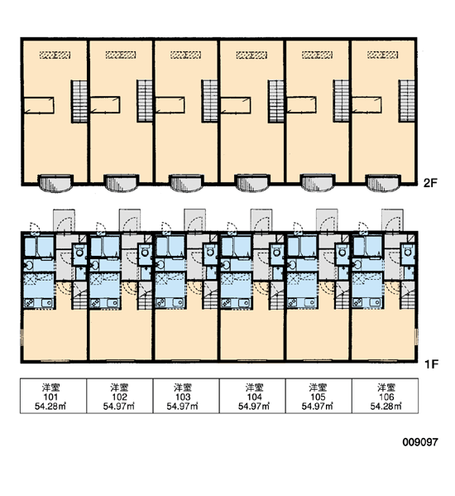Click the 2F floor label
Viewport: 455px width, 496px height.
pos(430,182)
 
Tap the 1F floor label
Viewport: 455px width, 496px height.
pos(431,364)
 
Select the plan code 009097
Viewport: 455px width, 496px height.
pos(420,442)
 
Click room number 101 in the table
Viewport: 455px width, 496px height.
pos(50,397)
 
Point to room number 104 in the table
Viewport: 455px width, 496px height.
pos(254,397)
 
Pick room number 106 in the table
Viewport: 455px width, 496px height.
pos(386,397)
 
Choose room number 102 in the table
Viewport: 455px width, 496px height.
pos(119,397)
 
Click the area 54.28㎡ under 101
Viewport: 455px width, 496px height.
pos(50,407)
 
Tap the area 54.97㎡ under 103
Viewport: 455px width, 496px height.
pos(183,407)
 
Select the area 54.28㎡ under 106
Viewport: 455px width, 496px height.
pos(386,407)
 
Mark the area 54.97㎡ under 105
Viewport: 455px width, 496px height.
pos(317,407)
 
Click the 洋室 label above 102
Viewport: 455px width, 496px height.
pos(119,388)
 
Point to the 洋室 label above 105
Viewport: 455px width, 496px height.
pos(318,388)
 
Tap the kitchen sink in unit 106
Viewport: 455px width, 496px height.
pos(376,302)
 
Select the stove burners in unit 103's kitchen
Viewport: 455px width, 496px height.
pos(161,303)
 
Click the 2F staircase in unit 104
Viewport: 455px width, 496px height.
pos(275,101)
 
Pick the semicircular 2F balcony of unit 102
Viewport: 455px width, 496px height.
pos(121,184)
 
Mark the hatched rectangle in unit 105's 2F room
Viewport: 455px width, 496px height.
pos(317,55)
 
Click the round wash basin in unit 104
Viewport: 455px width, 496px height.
pos(226,265)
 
